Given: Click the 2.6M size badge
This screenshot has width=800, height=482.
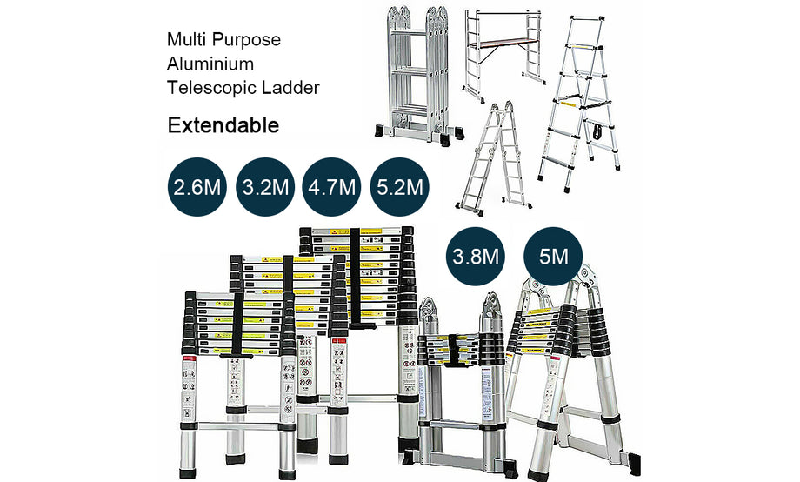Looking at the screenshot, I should click(x=196, y=187).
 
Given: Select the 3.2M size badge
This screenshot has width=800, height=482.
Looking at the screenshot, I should click(x=264, y=187).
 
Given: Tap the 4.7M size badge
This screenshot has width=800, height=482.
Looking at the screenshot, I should click(x=331, y=187).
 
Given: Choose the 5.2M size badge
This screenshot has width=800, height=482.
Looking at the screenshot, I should click(x=400, y=187).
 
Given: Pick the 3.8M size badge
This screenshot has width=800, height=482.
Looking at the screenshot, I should click(x=475, y=258).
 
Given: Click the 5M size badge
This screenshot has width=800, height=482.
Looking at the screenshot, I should click(x=553, y=258).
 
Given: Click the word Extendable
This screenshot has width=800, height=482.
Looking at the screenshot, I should click(x=223, y=125).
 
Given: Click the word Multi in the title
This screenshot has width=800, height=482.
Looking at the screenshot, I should click(x=184, y=40).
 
